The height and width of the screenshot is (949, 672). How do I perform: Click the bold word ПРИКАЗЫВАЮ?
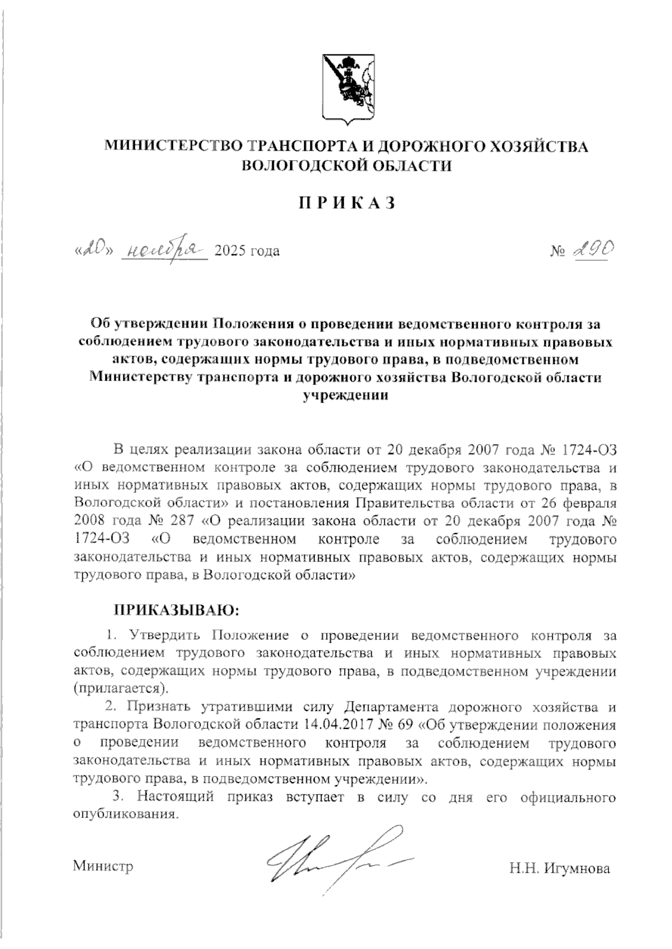(176, 610)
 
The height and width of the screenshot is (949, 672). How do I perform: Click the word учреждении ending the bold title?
(346, 395)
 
